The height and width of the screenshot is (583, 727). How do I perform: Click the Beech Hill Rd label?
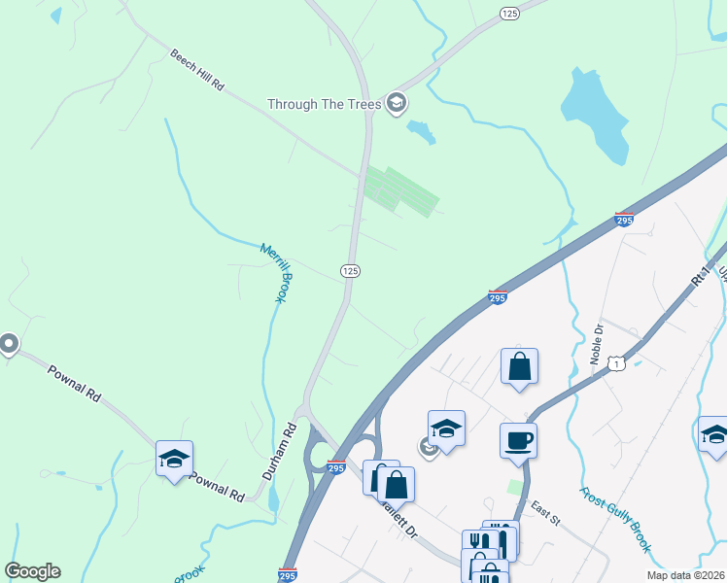coord(197,71)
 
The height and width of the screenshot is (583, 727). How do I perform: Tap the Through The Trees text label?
coord(324,103)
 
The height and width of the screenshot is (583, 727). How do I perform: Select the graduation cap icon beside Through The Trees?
coord(396,102)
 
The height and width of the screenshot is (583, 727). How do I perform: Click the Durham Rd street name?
coord(278,452)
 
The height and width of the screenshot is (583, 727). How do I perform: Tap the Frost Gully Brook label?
coord(616,520)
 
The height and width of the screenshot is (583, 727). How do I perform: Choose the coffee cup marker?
coord(518,439)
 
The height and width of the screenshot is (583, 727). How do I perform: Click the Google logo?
coord(32,571)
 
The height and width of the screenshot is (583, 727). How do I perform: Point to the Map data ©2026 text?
coord(685,575)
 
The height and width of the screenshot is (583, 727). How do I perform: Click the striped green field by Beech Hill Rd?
coord(397,189)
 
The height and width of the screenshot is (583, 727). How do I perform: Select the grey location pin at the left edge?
coord(9,344)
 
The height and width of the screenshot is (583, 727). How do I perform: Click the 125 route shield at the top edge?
coord(509,13)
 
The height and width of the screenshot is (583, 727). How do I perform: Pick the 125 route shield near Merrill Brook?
coord(351,271)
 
